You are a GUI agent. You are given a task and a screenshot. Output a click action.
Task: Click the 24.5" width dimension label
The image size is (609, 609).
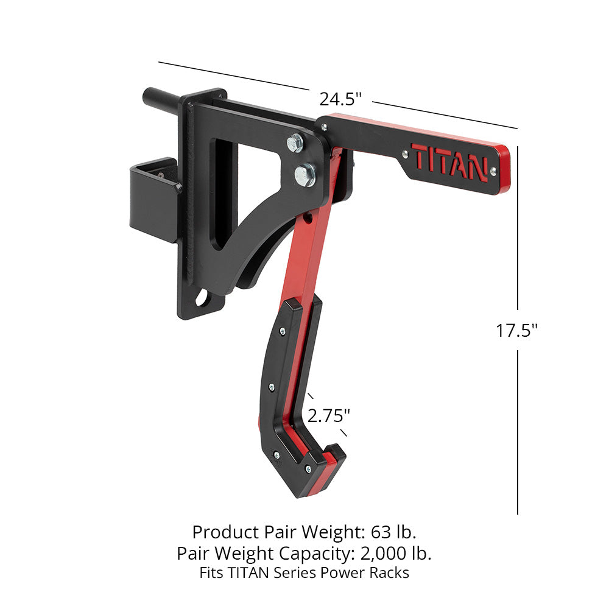[340, 98]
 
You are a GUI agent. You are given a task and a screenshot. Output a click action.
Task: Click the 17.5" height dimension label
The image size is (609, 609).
[516, 331]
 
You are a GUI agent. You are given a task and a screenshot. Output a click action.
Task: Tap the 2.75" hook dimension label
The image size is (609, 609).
[329, 416]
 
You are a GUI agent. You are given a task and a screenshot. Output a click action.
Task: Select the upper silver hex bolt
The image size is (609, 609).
[296, 144]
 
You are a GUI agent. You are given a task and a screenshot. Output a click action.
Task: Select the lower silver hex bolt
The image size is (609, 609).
[304, 175]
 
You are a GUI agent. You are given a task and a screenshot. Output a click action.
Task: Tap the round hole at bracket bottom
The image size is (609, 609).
[201, 300]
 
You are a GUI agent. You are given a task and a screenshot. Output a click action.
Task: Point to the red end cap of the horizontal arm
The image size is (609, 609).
[503, 169]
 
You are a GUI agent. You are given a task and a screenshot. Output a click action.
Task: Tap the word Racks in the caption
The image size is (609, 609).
[390, 573]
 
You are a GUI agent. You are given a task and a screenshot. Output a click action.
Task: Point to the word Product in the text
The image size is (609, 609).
[222, 532]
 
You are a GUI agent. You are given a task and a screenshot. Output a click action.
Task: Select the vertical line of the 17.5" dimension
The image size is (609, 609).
[518, 426]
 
